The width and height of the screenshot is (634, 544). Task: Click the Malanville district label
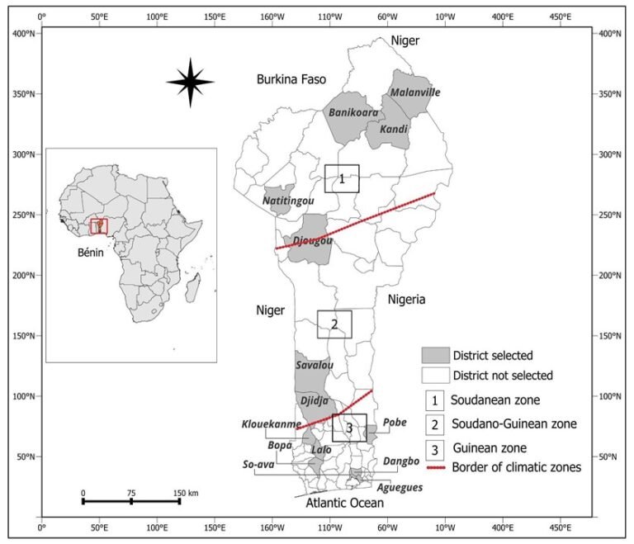pyautogui.click(x=415, y=92)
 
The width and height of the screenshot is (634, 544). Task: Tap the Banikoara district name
pyautogui.click(x=353, y=112)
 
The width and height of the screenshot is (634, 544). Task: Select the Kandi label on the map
pyautogui.click(x=394, y=129)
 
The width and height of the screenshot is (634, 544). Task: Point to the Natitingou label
pyautogui.click(x=288, y=201)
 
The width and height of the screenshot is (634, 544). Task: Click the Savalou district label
pyautogui.click(x=315, y=365)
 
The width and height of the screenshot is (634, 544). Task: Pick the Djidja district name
pyautogui.click(x=315, y=401)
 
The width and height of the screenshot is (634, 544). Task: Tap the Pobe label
pyautogui.click(x=395, y=423)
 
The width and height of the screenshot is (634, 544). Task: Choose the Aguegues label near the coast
pyautogui.click(x=400, y=488)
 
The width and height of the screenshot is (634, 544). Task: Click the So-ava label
pyautogui.click(x=258, y=464)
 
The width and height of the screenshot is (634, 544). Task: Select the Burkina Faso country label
pyautogui.click(x=291, y=79)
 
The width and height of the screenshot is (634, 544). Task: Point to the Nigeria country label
pyautogui.click(x=406, y=300)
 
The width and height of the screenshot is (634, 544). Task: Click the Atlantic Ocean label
pyautogui.click(x=344, y=503)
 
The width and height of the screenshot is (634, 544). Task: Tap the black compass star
pyautogui.click(x=191, y=82)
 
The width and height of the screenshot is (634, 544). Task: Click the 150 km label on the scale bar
pyautogui.click(x=186, y=493)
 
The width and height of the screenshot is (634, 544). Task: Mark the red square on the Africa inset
pyautogui.click(x=99, y=226)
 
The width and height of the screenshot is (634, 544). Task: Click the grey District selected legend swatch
pyautogui.click(x=436, y=355)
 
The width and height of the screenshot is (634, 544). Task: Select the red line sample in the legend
pyautogui.click(x=436, y=468)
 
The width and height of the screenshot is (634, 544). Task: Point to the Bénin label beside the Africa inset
pyautogui.click(x=91, y=253)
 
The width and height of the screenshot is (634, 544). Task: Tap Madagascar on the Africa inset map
pyautogui.click(x=193, y=288)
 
